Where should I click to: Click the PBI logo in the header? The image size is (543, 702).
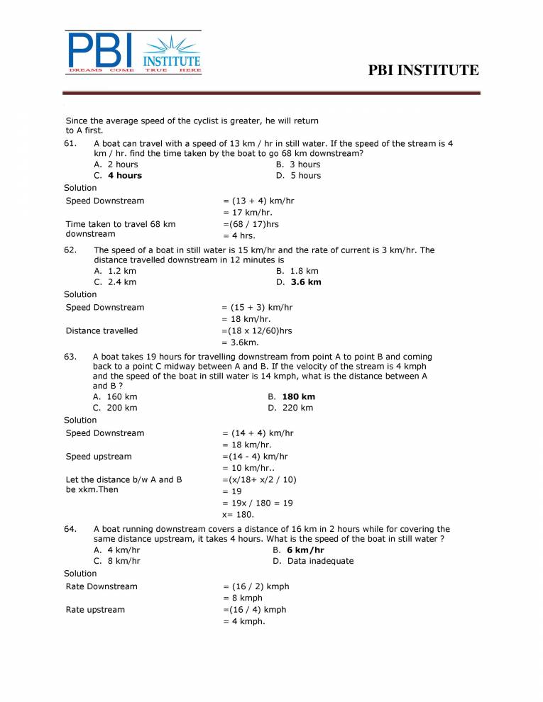[x=133, y=52]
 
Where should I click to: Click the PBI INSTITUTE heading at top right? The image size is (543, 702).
[x=424, y=70]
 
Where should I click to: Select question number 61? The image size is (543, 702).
[x=70, y=143]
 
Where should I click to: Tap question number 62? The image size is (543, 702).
[x=70, y=250]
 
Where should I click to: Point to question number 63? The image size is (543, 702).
[x=70, y=357]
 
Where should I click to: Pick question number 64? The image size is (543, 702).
[x=70, y=529]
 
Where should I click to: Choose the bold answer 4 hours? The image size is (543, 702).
[x=124, y=176]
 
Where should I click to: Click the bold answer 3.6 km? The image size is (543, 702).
[x=306, y=282]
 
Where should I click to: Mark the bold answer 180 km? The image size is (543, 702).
[x=298, y=397]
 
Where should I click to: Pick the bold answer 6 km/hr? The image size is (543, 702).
[x=305, y=550]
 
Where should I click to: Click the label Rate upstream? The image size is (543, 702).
[x=95, y=610]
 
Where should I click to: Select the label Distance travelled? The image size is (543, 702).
[x=102, y=330]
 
